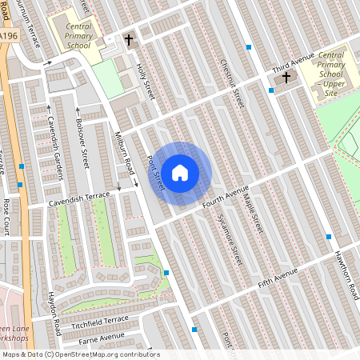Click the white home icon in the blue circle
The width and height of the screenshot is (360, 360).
click(x=180, y=172)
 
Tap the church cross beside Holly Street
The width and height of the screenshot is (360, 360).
click(x=129, y=39)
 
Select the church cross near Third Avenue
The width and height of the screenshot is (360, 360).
click(x=286, y=78)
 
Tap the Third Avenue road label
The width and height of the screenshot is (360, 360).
click(x=293, y=62)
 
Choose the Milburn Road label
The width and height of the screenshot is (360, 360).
click(x=124, y=152)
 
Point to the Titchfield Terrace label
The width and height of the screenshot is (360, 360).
click(x=100, y=322)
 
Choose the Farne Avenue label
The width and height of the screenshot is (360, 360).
click(x=102, y=336)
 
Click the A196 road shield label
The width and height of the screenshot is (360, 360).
click(x=9, y=37)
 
